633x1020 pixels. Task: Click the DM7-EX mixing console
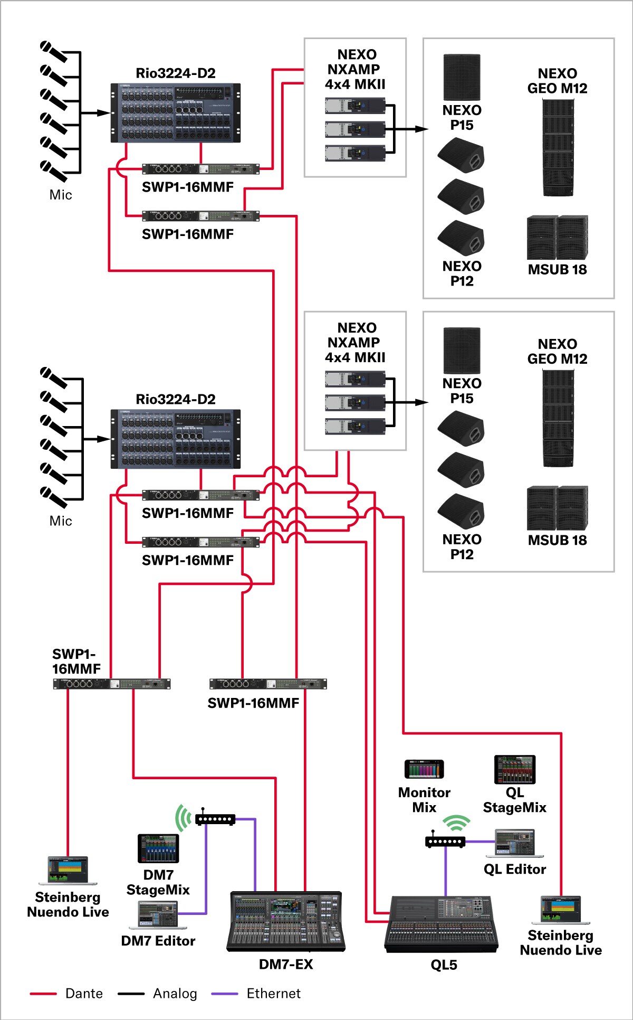pyautogui.click(x=286, y=921)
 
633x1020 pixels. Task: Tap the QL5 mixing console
pyautogui.click(x=442, y=924)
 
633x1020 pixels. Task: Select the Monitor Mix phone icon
pyautogui.click(x=424, y=769)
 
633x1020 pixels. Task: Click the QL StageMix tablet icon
pyautogui.click(x=514, y=769)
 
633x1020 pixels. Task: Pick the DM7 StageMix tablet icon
pyautogui.click(x=158, y=848)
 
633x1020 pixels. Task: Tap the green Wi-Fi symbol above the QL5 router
pyautogui.click(x=456, y=823)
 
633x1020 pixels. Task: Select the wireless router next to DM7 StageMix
pyautogui.click(x=215, y=819)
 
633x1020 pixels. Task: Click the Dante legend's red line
pyautogui.click(x=43, y=994)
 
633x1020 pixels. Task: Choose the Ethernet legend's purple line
pyautogui.click(x=225, y=994)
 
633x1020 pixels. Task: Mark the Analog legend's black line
pyautogui.click(x=131, y=994)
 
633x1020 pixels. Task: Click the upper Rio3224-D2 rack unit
pyautogui.click(x=175, y=112)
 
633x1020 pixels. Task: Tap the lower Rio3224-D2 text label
pyautogui.click(x=176, y=399)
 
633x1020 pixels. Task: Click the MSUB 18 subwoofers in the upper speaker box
pyautogui.click(x=557, y=237)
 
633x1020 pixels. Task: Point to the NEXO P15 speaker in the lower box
pyautogui.click(x=462, y=351)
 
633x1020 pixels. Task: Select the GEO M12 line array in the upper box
pyautogui.click(x=558, y=148)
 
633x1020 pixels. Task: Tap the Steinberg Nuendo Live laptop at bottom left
pyautogui.click(x=68, y=870)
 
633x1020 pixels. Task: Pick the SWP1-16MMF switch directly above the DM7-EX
pyautogui.click(x=268, y=684)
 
